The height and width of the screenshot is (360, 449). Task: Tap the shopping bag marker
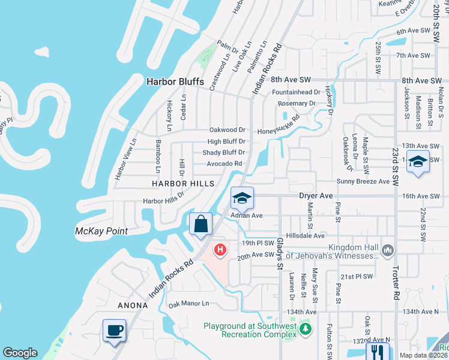201,225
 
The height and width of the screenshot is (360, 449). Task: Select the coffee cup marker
114,330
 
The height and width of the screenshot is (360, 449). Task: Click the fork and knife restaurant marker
378,351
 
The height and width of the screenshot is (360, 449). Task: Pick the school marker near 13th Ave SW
418,161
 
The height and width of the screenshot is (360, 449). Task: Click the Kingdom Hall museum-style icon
388,249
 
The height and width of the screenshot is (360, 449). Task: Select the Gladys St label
280,252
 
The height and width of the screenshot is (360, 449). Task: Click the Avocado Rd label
224,163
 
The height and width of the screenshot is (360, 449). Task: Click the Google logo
20,353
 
